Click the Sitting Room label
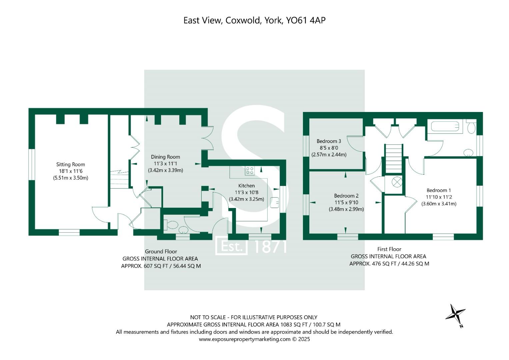pos(70,164)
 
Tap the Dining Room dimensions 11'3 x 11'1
pos(165,163)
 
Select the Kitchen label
pos(246,186)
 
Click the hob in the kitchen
pos(250,171)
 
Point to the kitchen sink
pos(275,202)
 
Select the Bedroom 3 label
pos(329,141)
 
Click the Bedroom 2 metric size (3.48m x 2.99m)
pos(346,209)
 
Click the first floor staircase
pos(394,159)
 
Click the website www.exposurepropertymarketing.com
pos(245,339)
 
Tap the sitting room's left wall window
pos(31,164)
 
